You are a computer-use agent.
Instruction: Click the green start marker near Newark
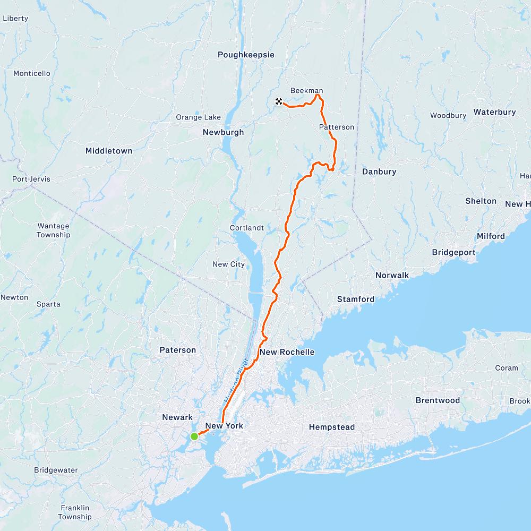(x=194, y=436)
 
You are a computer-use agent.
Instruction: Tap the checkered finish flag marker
(x=279, y=101)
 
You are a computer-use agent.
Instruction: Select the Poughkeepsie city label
(x=246, y=55)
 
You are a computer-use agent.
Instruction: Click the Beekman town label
(x=306, y=90)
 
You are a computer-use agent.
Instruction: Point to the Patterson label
(x=337, y=127)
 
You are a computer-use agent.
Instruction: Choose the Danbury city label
(x=379, y=172)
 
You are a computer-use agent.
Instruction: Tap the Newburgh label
(x=223, y=132)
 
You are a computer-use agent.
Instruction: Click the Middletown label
(x=109, y=151)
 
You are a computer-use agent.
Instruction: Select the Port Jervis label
(x=31, y=179)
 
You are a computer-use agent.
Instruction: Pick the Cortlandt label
(x=246, y=228)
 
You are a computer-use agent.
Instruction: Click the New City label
(x=228, y=264)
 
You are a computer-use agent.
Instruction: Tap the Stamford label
(x=356, y=299)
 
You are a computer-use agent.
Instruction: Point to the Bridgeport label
(x=453, y=252)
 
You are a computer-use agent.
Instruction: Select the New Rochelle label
(x=287, y=352)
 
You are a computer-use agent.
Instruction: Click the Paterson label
(x=178, y=350)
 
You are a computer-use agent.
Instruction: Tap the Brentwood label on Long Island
(x=438, y=400)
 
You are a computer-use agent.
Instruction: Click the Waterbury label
(x=494, y=112)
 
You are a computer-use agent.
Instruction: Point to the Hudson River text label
(x=236, y=380)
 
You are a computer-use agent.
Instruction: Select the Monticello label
(x=32, y=73)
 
